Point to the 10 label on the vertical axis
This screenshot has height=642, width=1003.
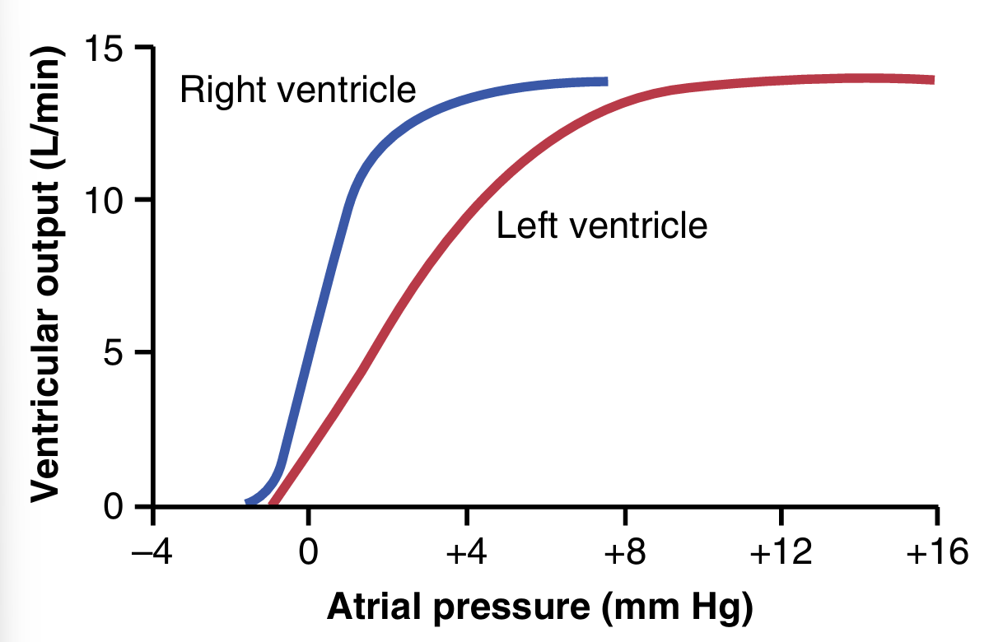105,200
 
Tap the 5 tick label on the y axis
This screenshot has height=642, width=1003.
114,353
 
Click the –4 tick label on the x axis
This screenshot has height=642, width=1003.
152,552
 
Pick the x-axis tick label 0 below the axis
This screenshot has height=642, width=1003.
308,552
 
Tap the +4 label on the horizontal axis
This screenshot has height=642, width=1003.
467,552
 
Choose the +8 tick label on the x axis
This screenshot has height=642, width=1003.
624,552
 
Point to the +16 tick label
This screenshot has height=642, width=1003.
936,552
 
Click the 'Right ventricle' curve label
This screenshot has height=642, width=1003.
297,90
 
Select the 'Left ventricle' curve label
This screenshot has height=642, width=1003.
602,225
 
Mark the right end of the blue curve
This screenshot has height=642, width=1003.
605,81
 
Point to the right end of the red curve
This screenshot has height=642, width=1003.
932,80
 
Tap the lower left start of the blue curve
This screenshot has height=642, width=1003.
249,501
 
